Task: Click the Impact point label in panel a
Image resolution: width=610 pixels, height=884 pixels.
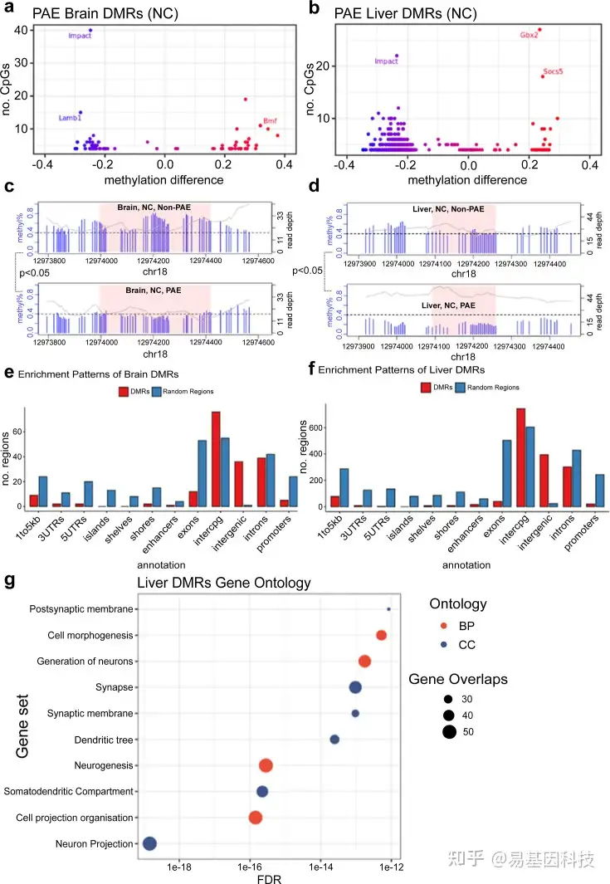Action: point(80,37)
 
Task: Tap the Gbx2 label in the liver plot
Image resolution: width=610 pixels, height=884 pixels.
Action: point(529,35)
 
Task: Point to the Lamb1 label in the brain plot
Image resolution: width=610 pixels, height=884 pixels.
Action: point(70,119)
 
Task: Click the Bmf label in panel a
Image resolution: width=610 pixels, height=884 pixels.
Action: point(270,121)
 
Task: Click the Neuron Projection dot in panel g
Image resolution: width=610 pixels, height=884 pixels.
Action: point(149,843)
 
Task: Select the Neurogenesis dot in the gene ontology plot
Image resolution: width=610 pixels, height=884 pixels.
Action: point(266,765)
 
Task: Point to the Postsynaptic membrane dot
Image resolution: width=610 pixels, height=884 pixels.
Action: point(388,609)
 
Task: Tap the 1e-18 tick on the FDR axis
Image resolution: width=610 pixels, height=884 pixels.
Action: point(180,867)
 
